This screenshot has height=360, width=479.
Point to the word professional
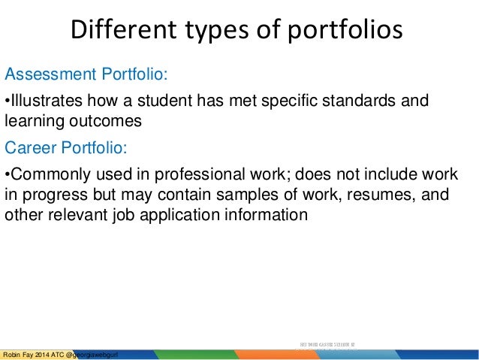194,175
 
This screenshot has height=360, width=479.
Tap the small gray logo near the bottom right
326,346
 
